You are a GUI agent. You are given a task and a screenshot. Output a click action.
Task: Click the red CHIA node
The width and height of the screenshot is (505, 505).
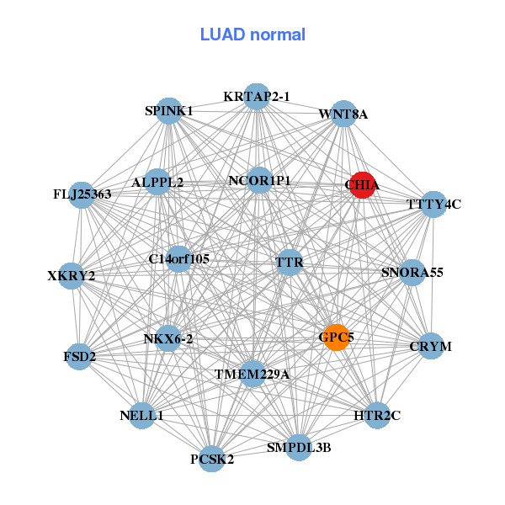(363, 185)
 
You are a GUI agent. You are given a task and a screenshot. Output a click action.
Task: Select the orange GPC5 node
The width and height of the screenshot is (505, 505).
(337, 338)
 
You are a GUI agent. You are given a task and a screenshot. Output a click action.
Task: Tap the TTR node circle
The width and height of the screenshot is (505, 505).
(290, 263)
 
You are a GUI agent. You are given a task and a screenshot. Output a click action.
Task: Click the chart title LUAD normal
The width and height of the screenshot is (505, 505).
(252, 35)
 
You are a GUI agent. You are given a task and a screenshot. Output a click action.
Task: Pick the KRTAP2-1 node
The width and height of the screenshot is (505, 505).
(257, 97)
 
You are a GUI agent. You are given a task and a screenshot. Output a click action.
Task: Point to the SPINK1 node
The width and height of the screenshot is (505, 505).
(169, 111)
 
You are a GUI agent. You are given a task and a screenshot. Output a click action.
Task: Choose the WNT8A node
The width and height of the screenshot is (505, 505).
(343, 114)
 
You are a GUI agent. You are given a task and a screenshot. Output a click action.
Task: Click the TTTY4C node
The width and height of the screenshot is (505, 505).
(433, 205)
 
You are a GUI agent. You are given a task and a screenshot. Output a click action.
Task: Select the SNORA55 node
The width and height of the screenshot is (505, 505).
(412, 273)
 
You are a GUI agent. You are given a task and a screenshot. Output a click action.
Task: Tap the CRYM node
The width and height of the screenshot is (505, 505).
(431, 346)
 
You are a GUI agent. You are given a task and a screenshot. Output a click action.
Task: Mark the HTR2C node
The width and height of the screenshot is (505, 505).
(377, 416)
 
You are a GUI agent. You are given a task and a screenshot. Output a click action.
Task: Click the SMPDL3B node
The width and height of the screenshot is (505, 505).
(299, 448)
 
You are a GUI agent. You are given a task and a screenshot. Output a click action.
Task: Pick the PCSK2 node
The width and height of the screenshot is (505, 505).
(211, 459)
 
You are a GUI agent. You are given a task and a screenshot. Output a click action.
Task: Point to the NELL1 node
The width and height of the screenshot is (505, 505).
(141, 416)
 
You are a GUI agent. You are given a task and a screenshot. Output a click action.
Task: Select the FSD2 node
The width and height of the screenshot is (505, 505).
(79, 357)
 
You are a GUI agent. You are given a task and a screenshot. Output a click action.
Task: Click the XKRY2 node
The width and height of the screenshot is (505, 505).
(72, 276)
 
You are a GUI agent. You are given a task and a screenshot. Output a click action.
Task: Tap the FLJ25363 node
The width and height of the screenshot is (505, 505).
(82, 195)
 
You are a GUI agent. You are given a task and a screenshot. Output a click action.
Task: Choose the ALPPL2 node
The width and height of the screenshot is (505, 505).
(157, 182)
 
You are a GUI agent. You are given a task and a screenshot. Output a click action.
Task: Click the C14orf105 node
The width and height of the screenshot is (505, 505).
(179, 259)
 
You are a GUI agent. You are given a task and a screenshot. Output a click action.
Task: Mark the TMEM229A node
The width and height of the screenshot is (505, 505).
(252, 374)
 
